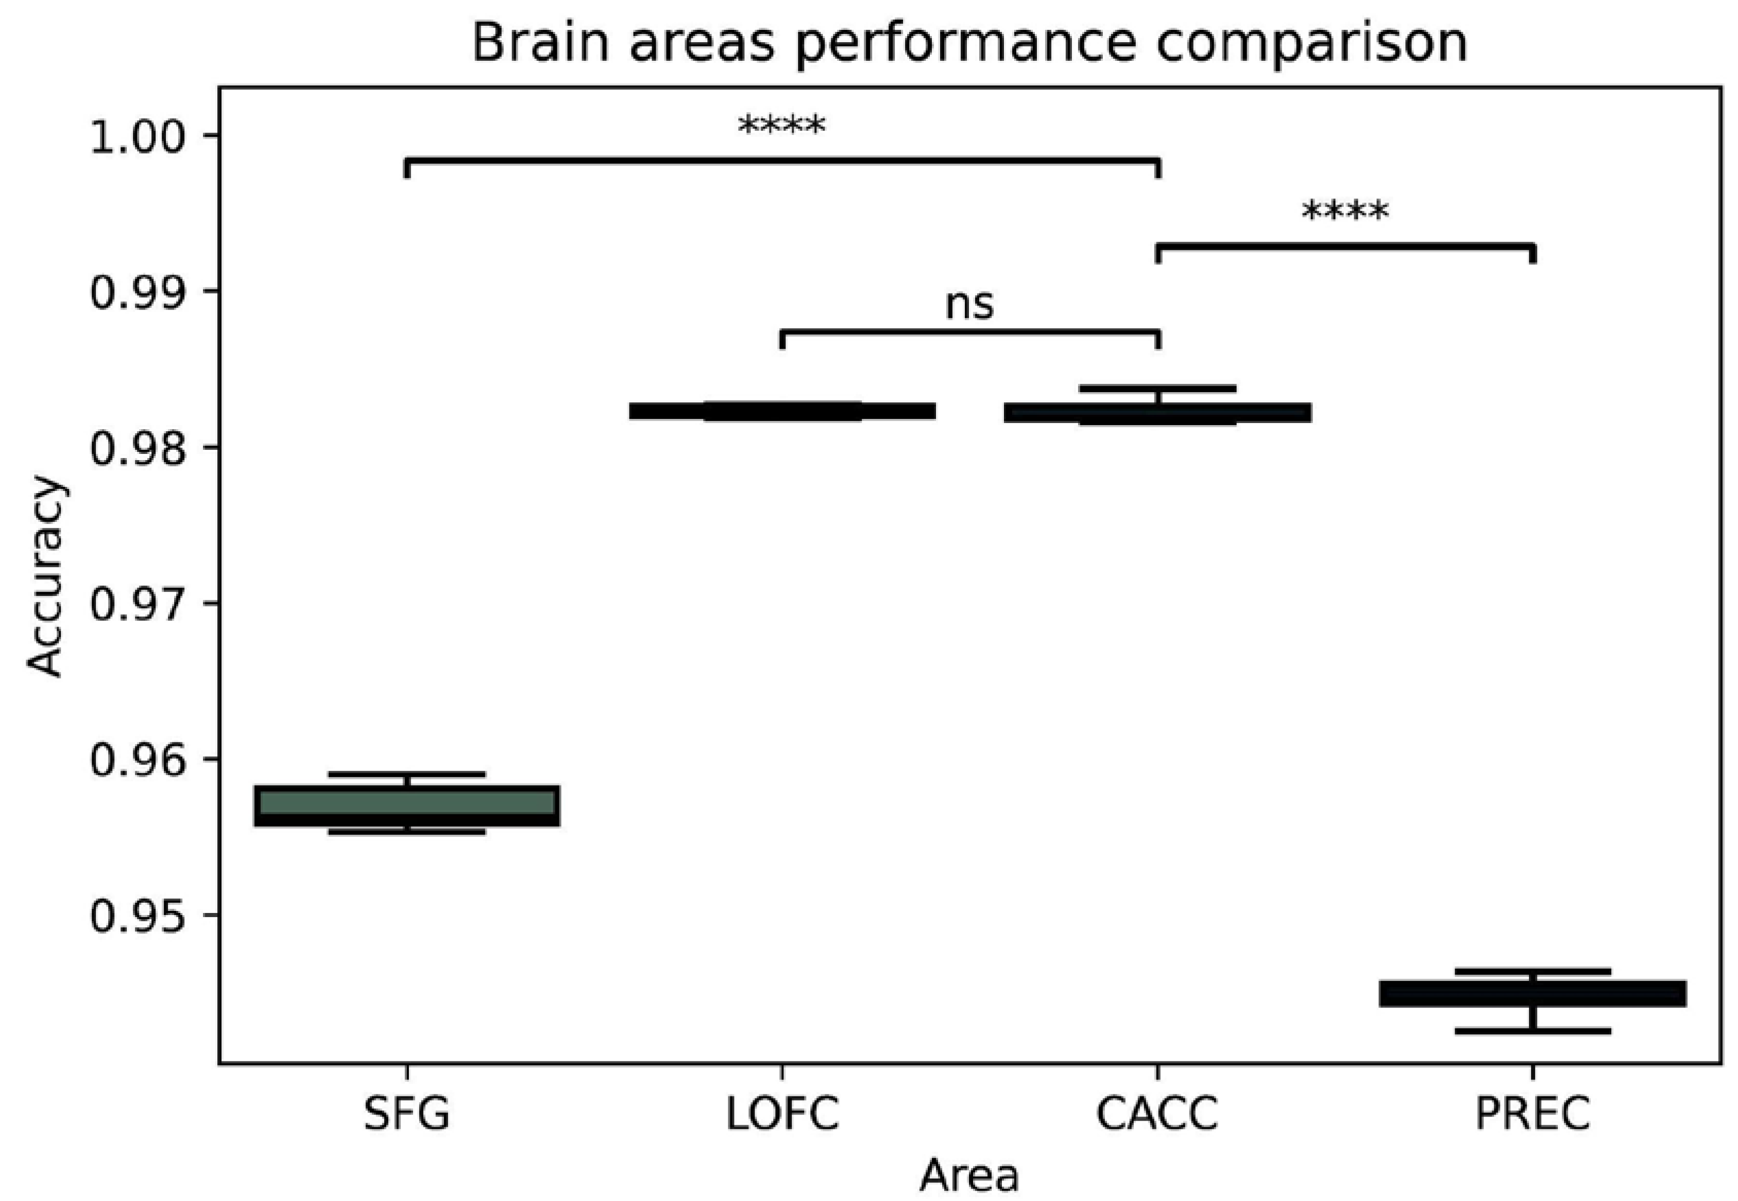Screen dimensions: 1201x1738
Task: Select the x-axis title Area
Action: pos(969,1175)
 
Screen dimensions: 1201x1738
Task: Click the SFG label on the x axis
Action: pos(406,1114)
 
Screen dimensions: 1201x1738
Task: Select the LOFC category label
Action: pos(782,1114)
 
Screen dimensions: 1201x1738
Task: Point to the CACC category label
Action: pos(1156,1114)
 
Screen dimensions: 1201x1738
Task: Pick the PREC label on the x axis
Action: pos(1532,1114)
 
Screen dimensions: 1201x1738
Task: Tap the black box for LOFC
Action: pos(782,411)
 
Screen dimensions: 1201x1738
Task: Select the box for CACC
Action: pos(1157,412)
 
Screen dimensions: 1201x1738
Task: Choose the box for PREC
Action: pos(1532,993)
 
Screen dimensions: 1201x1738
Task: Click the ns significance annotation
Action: pos(969,305)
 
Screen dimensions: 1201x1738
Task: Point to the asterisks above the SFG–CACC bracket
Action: pos(782,126)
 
